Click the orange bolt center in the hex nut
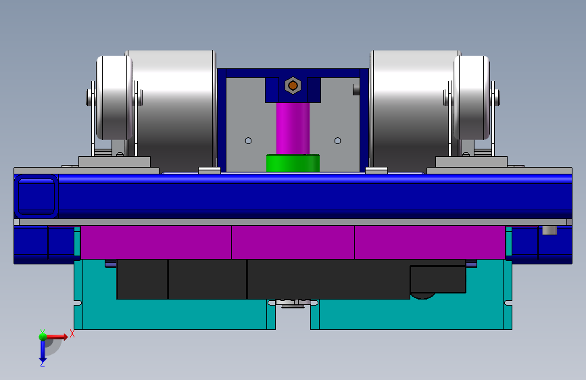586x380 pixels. click(x=293, y=86)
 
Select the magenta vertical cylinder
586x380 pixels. click(x=293, y=128)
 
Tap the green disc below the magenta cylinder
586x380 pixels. click(x=293, y=163)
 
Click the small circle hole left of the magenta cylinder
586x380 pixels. click(x=248, y=141)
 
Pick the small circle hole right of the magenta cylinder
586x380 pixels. click(x=338, y=141)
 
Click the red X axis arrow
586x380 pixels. click(x=57, y=337)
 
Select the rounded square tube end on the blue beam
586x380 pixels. click(x=36, y=196)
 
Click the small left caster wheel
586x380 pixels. click(x=114, y=98)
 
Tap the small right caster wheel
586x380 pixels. click(x=472, y=98)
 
